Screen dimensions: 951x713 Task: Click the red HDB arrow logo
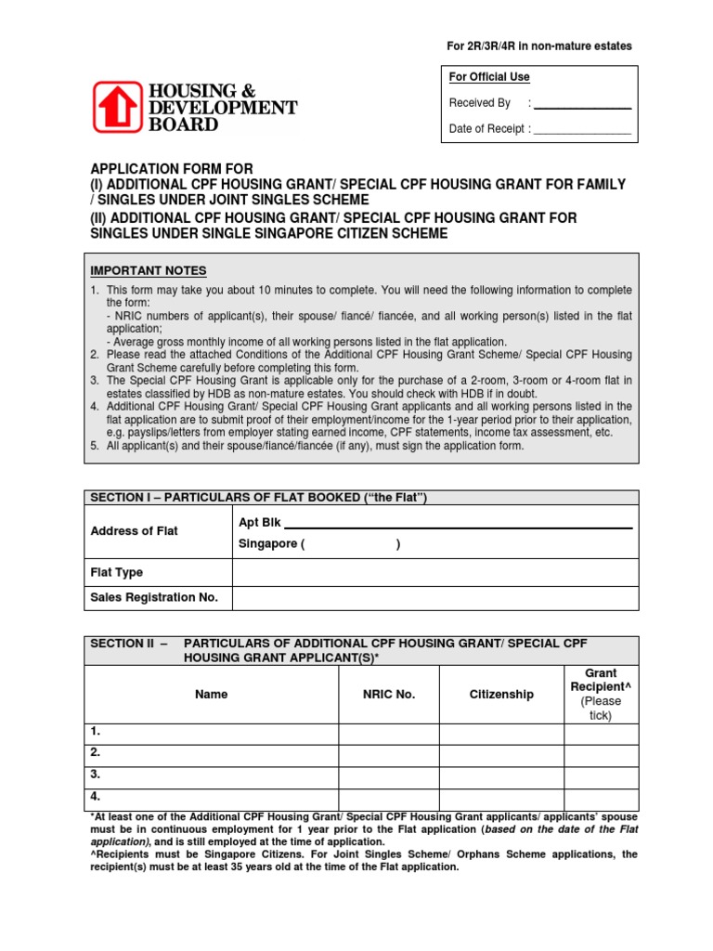pos(118,107)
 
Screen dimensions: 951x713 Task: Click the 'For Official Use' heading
pos(489,77)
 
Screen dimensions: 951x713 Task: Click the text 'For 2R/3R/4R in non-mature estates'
pos(539,46)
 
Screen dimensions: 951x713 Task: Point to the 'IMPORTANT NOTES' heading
pos(149,271)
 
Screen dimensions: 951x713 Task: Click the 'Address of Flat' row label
pos(134,531)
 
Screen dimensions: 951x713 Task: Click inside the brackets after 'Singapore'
pos(352,544)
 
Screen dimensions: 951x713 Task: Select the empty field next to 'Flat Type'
pos(435,573)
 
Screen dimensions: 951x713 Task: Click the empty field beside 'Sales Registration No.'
pos(435,598)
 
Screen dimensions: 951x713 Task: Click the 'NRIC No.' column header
pos(389,695)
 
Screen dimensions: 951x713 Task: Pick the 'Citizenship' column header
pos(501,695)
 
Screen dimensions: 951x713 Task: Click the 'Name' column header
pos(212,695)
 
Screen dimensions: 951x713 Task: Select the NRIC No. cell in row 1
pos(389,733)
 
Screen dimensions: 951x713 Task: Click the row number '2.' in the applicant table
pos(96,753)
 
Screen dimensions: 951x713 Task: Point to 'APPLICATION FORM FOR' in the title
pos(171,169)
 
